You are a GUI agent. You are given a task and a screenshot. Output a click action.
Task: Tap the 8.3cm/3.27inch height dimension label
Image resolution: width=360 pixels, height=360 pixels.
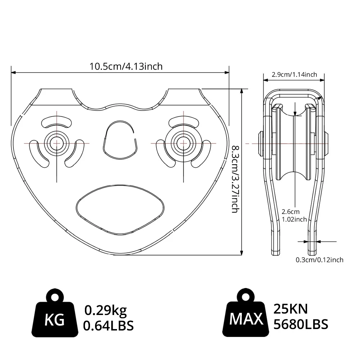[234, 179]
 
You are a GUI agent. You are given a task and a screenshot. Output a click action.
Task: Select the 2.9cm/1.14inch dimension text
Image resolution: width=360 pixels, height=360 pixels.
[294, 75]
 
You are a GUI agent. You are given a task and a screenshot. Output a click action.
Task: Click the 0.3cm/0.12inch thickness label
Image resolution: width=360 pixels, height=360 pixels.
[319, 260]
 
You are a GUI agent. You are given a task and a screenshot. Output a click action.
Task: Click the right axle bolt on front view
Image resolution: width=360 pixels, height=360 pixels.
[184, 142]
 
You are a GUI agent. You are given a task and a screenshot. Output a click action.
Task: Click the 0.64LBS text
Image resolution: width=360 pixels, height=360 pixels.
[108, 326]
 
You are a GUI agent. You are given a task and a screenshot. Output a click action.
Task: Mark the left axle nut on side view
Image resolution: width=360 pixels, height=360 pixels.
[260, 143]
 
